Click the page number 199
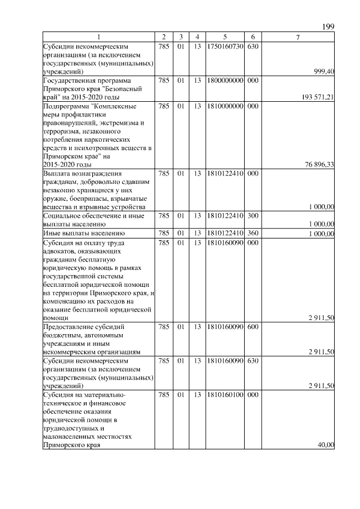(x=328, y=26)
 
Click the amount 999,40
(x=323, y=71)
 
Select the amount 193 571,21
(x=318, y=97)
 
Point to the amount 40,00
(x=326, y=445)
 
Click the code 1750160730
(x=224, y=46)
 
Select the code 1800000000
(x=224, y=80)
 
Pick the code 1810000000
(x=224, y=106)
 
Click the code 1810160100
(x=224, y=395)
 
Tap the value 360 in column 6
(x=253, y=233)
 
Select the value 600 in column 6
(x=253, y=326)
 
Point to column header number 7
(x=298, y=37)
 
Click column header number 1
(x=98, y=37)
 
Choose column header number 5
(x=224, y=37)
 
